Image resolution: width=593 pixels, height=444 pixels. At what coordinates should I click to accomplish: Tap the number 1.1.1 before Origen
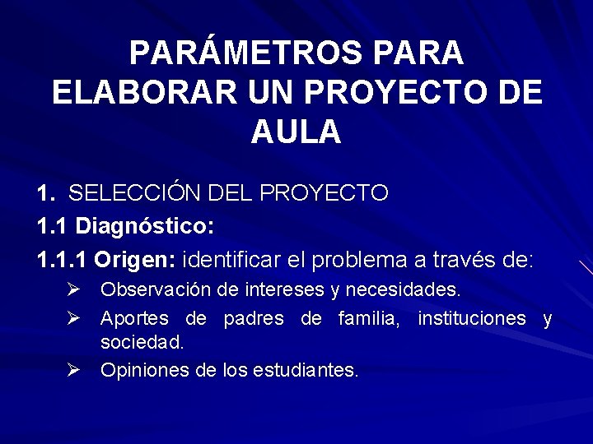(x=63, y=261)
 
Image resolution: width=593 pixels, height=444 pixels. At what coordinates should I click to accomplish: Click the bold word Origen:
(x=135, y=261)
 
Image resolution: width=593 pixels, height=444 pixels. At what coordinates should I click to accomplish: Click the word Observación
(x=146, y=290)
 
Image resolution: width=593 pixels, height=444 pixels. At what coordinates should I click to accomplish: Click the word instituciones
(x=472, y=317)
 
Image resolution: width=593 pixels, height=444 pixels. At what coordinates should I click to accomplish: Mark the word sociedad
(x=142, y=341)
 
